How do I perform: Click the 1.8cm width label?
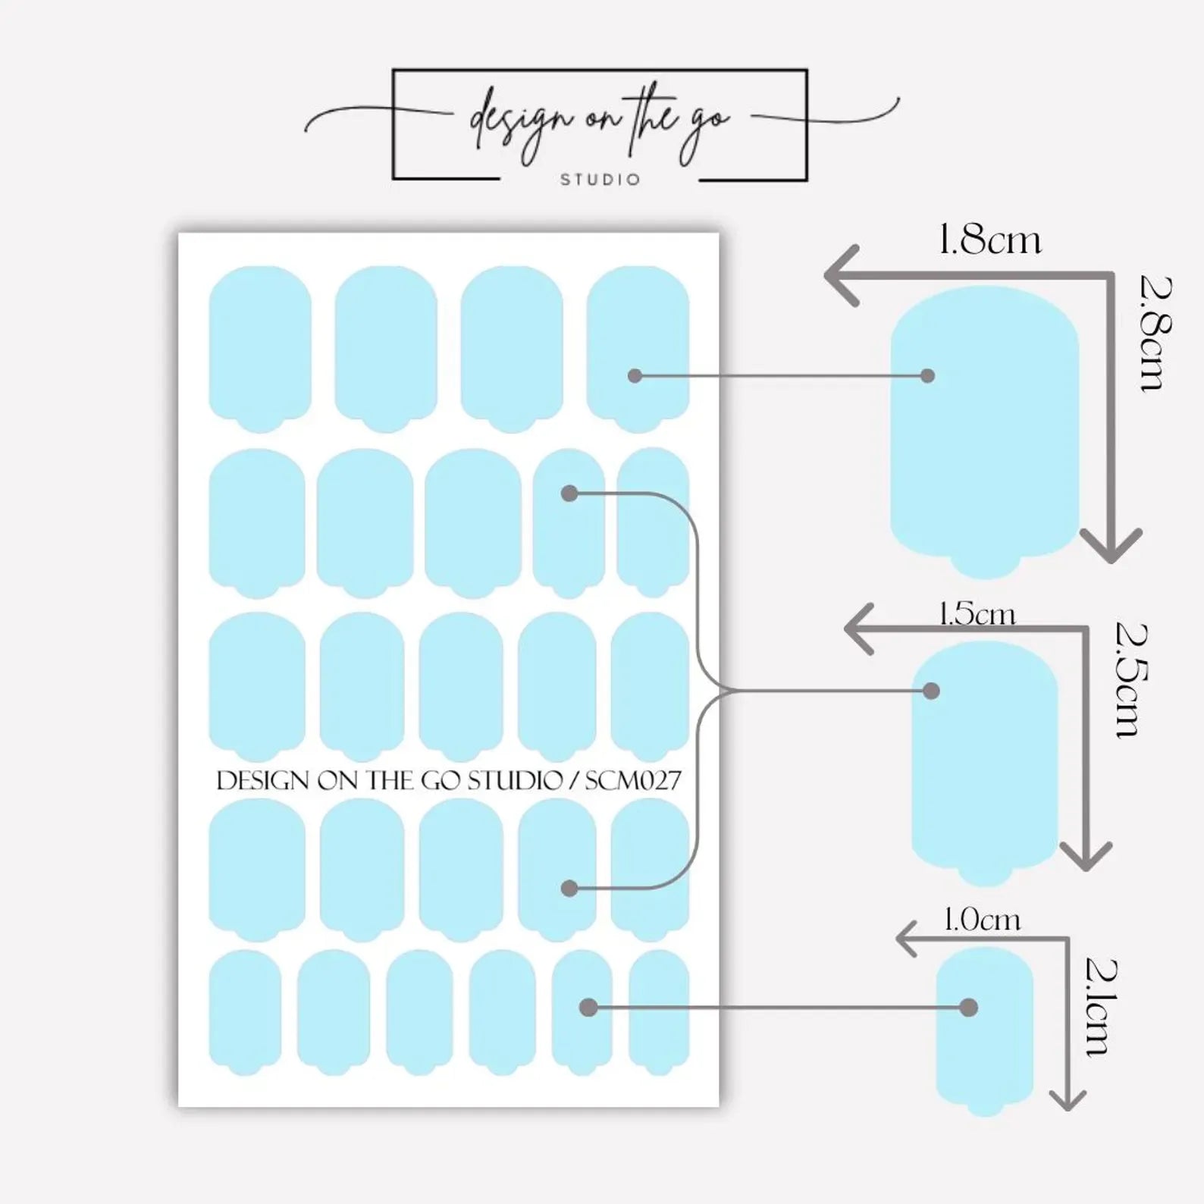pos(989,240)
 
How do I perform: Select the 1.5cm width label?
pos(977,613)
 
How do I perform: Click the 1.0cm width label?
pos(982,920)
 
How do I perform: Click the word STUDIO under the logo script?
pos(600,180)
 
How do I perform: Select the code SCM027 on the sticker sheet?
pos(633,780)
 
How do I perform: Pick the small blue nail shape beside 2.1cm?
pos(985,1031)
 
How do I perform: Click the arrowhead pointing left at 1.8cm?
pos(842,275)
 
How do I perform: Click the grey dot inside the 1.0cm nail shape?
pos(968,1008)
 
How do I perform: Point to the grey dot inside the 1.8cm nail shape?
pos(927,375)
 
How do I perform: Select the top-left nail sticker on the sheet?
pos(260,350)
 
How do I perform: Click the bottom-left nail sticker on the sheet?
pos(245,1012)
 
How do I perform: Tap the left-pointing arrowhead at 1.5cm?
pos(859,629)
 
